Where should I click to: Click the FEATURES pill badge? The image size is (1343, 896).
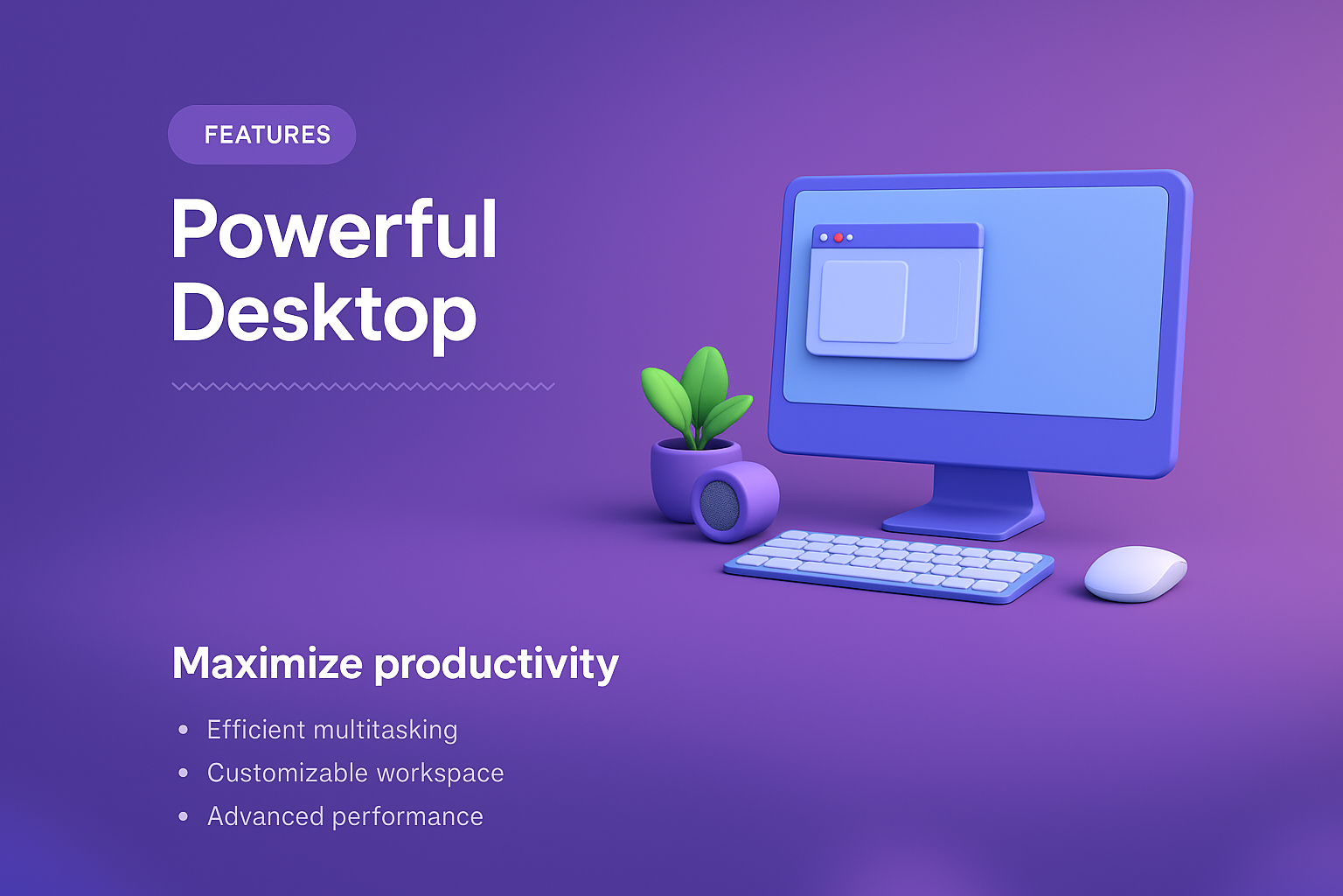pos(262,135)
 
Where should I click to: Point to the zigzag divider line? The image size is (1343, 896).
pos(364,387)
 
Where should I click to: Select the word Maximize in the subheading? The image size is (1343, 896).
pos(268,663)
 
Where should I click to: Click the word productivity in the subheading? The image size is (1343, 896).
pos(497,665)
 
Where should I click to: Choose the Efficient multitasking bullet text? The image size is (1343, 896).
pos(332,730)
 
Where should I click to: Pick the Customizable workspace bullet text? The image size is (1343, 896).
pos(356,773)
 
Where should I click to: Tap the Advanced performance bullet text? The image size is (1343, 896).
pos(345,816)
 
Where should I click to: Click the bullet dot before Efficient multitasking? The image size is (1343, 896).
pos(184,730)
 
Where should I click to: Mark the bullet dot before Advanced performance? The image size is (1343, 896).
pos(184,816)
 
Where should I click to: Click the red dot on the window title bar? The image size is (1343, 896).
pos(839,238)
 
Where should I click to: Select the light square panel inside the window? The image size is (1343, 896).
pos(863,301)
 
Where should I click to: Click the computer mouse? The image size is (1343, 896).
pos(1136,573)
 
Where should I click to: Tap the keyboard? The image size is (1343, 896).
pos(889,565)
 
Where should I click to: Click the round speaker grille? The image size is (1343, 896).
pos(720,506)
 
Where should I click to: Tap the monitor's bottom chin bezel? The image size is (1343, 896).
pos(971,441)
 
